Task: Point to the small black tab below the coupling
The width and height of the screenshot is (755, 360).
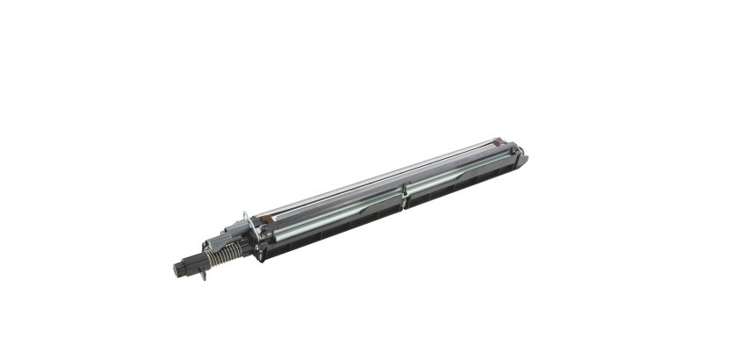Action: coord(203,277)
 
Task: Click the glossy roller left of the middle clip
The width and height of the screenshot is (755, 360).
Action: coord(334,216)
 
